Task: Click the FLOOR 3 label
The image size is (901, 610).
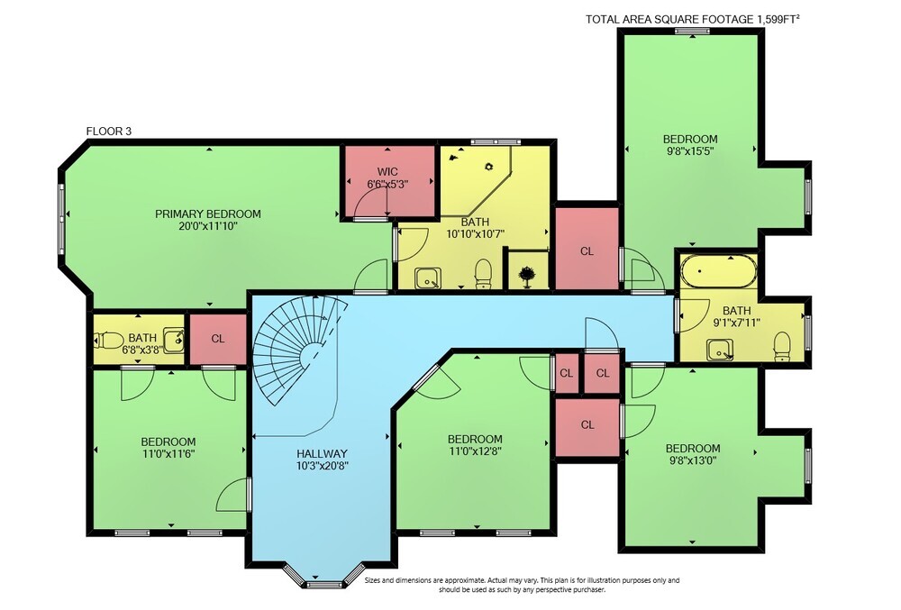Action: tap(109, 132)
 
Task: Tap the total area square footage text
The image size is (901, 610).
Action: tap(692, 20)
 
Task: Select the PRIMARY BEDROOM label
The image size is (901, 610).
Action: tap(208, 214)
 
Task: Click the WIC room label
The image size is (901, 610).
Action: tap(387, 172)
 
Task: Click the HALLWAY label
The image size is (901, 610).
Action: tap(323, 454)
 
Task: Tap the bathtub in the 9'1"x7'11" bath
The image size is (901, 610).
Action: tap(718, 272)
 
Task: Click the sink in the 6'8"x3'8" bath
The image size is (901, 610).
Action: tap(174, 340)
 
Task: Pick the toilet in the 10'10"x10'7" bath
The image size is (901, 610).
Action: tap(483, 273)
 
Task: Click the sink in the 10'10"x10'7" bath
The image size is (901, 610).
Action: tap(428, 278)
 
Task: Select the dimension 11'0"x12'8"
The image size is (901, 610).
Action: tap(475, 451)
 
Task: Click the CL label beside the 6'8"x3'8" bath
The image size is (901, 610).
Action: tap(218, 339)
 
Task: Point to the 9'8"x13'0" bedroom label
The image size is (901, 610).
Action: tap(692, 448)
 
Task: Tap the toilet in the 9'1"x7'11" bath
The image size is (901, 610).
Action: tap(782, 346)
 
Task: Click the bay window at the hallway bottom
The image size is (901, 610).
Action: tap(324, 578)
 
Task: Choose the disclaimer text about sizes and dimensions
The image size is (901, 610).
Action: tap(523, 585)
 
